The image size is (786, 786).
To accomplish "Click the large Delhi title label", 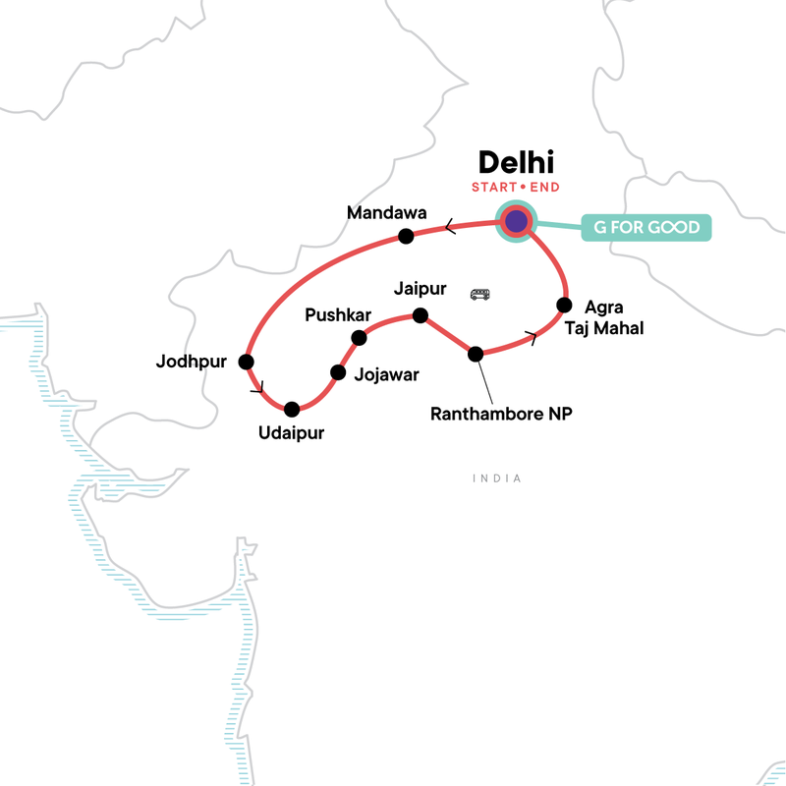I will tap(516, 162).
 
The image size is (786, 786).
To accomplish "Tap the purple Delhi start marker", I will tap(516, 221).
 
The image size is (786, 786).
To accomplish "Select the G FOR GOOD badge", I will tap(646, 228).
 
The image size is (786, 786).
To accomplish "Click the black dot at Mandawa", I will tap(404, 236).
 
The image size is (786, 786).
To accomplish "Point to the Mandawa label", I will tap(385, 212).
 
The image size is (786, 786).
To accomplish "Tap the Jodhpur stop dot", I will tap(246, 361).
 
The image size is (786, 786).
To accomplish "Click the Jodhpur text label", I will tap(192, 362).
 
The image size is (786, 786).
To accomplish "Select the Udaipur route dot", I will tap(291, 409).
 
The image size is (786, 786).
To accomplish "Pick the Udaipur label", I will tap(291, 433).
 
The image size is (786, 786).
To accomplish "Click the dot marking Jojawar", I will tap(338, 372).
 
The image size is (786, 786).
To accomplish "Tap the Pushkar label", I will tap(338, 315).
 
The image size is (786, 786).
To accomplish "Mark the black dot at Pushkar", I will tap(359, 338).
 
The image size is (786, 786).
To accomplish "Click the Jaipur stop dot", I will tap(420, 315).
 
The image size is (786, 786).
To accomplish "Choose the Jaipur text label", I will tap(420, 290).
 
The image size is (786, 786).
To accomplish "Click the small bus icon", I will tap(480, 294).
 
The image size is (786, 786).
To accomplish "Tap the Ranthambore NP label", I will tap(501, 414).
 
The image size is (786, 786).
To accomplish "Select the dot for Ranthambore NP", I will tap(476, 354).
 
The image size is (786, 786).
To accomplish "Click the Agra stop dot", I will tap(564, 304).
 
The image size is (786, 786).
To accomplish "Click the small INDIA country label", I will tap(496, 478).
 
